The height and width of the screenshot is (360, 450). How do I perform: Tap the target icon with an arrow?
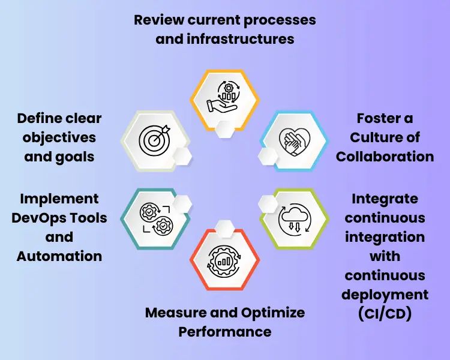(155, 140)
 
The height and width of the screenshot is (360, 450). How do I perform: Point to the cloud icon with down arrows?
(295, 219)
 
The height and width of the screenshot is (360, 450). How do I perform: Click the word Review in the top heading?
(158, 20)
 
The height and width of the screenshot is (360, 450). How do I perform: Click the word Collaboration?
(385, 157)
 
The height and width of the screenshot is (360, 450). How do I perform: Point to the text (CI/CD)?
(385, 314)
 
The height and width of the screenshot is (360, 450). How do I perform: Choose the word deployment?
(385, 295)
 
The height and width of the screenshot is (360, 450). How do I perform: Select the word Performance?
(225, 332)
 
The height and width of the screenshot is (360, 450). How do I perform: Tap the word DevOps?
(59, 217)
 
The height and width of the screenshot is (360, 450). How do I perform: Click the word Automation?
(59, 256)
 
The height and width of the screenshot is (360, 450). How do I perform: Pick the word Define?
(40, 118)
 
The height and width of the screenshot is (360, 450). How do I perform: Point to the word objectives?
(59, 137)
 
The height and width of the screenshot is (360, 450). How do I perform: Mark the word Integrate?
(385, 198)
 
